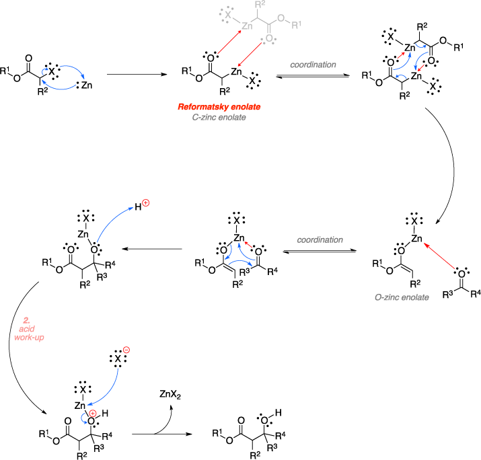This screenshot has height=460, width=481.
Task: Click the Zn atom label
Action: tap(247, 26)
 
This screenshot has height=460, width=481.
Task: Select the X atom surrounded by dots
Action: tap(227, 13)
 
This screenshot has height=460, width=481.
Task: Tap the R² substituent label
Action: tap(260, 5)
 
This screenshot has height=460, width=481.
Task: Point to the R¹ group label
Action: tap(297, 26)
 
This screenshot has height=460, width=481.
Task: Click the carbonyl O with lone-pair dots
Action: tap(269, 39)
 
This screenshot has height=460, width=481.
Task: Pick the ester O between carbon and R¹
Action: tap(281, 17)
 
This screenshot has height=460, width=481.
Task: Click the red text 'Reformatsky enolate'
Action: tap(219, 107)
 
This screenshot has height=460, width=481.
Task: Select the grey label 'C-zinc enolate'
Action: tap(219, 117)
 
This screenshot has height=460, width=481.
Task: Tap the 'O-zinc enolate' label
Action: tap(402, 297)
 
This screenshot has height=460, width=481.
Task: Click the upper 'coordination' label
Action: tap(313, 65)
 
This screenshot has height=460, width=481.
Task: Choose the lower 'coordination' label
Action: tap(320, 240)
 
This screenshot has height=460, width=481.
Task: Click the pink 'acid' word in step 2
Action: tap(27, 329)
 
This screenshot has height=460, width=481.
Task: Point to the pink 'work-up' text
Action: tap(29, 337)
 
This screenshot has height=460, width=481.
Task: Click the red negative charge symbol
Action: tap(126, 350)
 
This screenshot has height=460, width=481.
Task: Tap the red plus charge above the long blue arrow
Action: tap(145, 203)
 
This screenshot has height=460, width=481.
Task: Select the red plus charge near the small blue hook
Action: tap(93, 414)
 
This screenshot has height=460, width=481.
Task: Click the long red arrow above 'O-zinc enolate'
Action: tap(439, 256)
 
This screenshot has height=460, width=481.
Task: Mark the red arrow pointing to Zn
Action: tap(229, 42)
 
